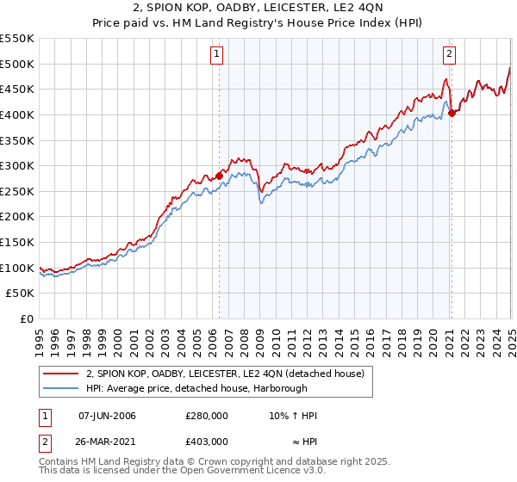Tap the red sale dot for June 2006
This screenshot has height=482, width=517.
(x=219, y=176)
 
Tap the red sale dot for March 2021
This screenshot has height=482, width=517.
(x=452, y=113)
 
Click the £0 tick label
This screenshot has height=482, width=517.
(x=27, y=318)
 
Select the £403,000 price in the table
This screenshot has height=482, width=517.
(x=206, y=441)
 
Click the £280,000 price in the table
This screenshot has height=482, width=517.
(x=206, y=416)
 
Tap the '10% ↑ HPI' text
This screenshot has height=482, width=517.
(x=293, y=416)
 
